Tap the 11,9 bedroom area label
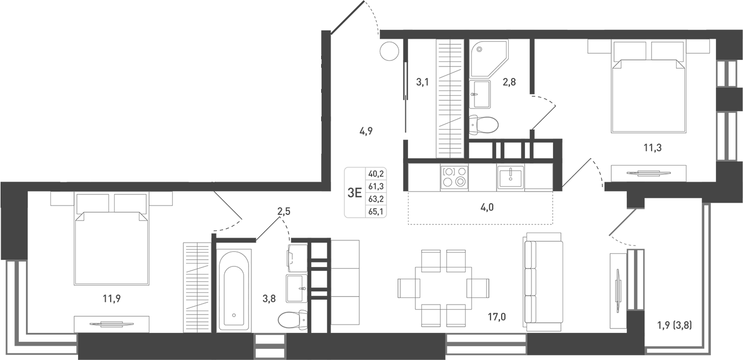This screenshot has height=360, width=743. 111,299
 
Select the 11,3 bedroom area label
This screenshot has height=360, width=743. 653,147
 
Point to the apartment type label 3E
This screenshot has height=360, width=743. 354,193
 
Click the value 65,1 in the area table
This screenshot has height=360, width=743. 376,210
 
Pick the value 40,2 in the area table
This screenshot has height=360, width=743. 376,174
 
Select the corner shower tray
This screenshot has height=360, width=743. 488,59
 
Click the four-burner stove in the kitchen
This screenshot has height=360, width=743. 454,177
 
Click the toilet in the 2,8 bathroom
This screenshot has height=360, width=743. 482,125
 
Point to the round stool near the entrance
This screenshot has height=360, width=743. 389,52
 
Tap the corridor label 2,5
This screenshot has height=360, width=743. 284,210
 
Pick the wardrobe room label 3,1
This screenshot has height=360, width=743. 422,83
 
